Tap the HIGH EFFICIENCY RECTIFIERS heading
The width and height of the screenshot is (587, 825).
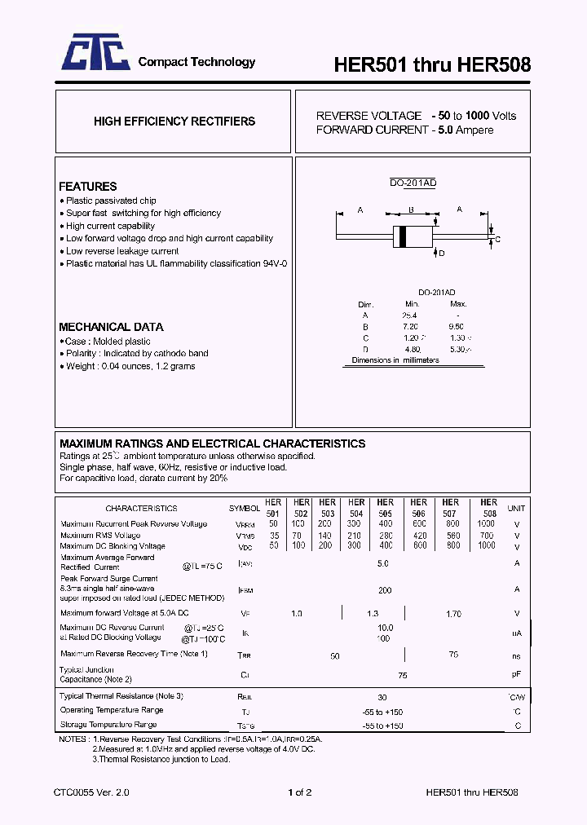click(174, 121)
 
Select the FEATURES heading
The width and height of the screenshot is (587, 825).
click(87, 187)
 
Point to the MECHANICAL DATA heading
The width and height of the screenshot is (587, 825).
click(111, 327)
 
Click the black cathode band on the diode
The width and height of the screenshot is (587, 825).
click(401, 235)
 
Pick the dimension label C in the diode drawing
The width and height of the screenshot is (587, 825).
click(497, 239)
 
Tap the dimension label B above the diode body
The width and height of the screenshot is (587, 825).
click(411, 210)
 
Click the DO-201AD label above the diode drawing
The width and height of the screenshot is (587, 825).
click(413, 183)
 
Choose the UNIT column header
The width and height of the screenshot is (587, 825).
click(516, 508)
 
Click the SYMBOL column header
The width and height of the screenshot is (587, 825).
click(244, 508)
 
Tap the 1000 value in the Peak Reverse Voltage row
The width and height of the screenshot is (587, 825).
click(487, 523)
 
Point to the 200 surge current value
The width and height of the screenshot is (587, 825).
click(385, 589)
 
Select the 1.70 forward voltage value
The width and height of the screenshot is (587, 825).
click(453, 613)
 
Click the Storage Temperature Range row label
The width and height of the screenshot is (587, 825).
click(108, 725)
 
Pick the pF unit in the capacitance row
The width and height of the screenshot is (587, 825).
click(517, 675)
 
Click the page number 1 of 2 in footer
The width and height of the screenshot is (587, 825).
click(300, 792)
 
